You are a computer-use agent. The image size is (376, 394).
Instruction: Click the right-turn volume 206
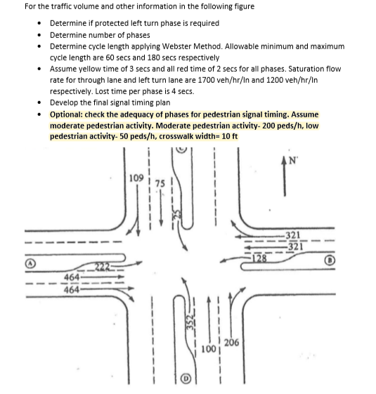[x=231, y=343]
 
